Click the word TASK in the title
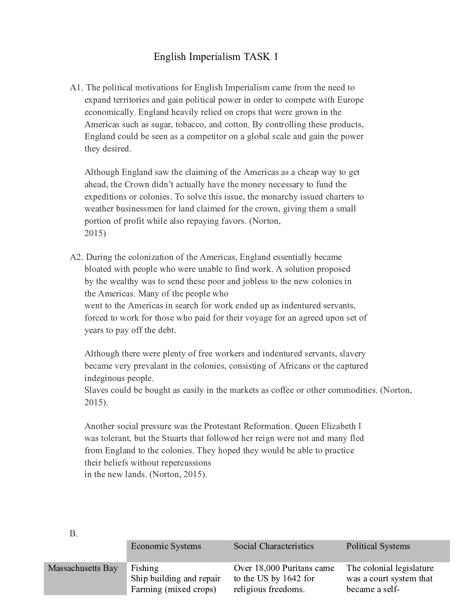click(x=257, y=57)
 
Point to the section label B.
click(x=74, y=534)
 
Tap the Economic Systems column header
click(x=166, y=546)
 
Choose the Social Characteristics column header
click(x=273, y=546)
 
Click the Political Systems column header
click(x=378, y=546)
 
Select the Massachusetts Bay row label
click(x=83, y=568)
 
